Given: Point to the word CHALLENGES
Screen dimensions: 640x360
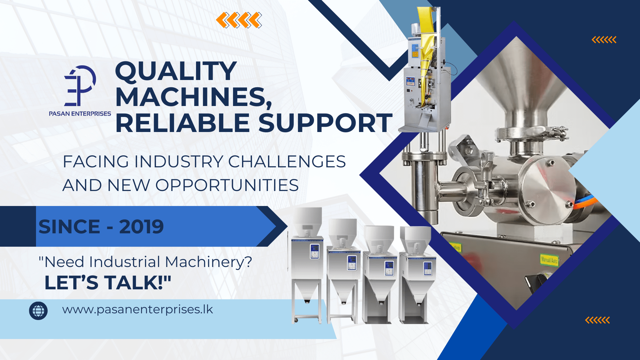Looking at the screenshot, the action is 287,162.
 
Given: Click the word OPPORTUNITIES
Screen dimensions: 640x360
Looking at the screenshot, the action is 227,185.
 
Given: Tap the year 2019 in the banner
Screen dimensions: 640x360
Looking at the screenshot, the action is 141,227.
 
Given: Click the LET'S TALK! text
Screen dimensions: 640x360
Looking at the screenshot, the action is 108,283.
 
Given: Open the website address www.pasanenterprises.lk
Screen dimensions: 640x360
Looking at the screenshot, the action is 137,310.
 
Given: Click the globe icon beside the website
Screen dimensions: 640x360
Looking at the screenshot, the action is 38,311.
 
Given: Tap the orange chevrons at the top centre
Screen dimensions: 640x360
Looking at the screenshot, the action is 239,20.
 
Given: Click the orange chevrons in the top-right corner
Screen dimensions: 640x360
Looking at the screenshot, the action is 604,40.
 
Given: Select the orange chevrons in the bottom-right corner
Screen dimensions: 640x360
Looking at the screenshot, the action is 597,320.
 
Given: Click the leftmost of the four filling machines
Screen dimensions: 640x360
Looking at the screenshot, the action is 307,265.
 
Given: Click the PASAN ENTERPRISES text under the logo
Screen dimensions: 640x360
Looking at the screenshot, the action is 80,114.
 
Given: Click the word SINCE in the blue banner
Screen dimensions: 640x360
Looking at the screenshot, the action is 69,227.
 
